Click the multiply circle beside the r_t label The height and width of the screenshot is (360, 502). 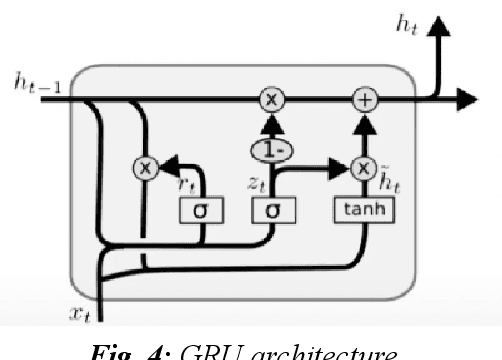[x=148, y=167]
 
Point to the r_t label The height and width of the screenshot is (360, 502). [x=187, y=184]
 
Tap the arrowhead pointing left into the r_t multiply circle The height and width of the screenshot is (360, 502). [x=167, y=167]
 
